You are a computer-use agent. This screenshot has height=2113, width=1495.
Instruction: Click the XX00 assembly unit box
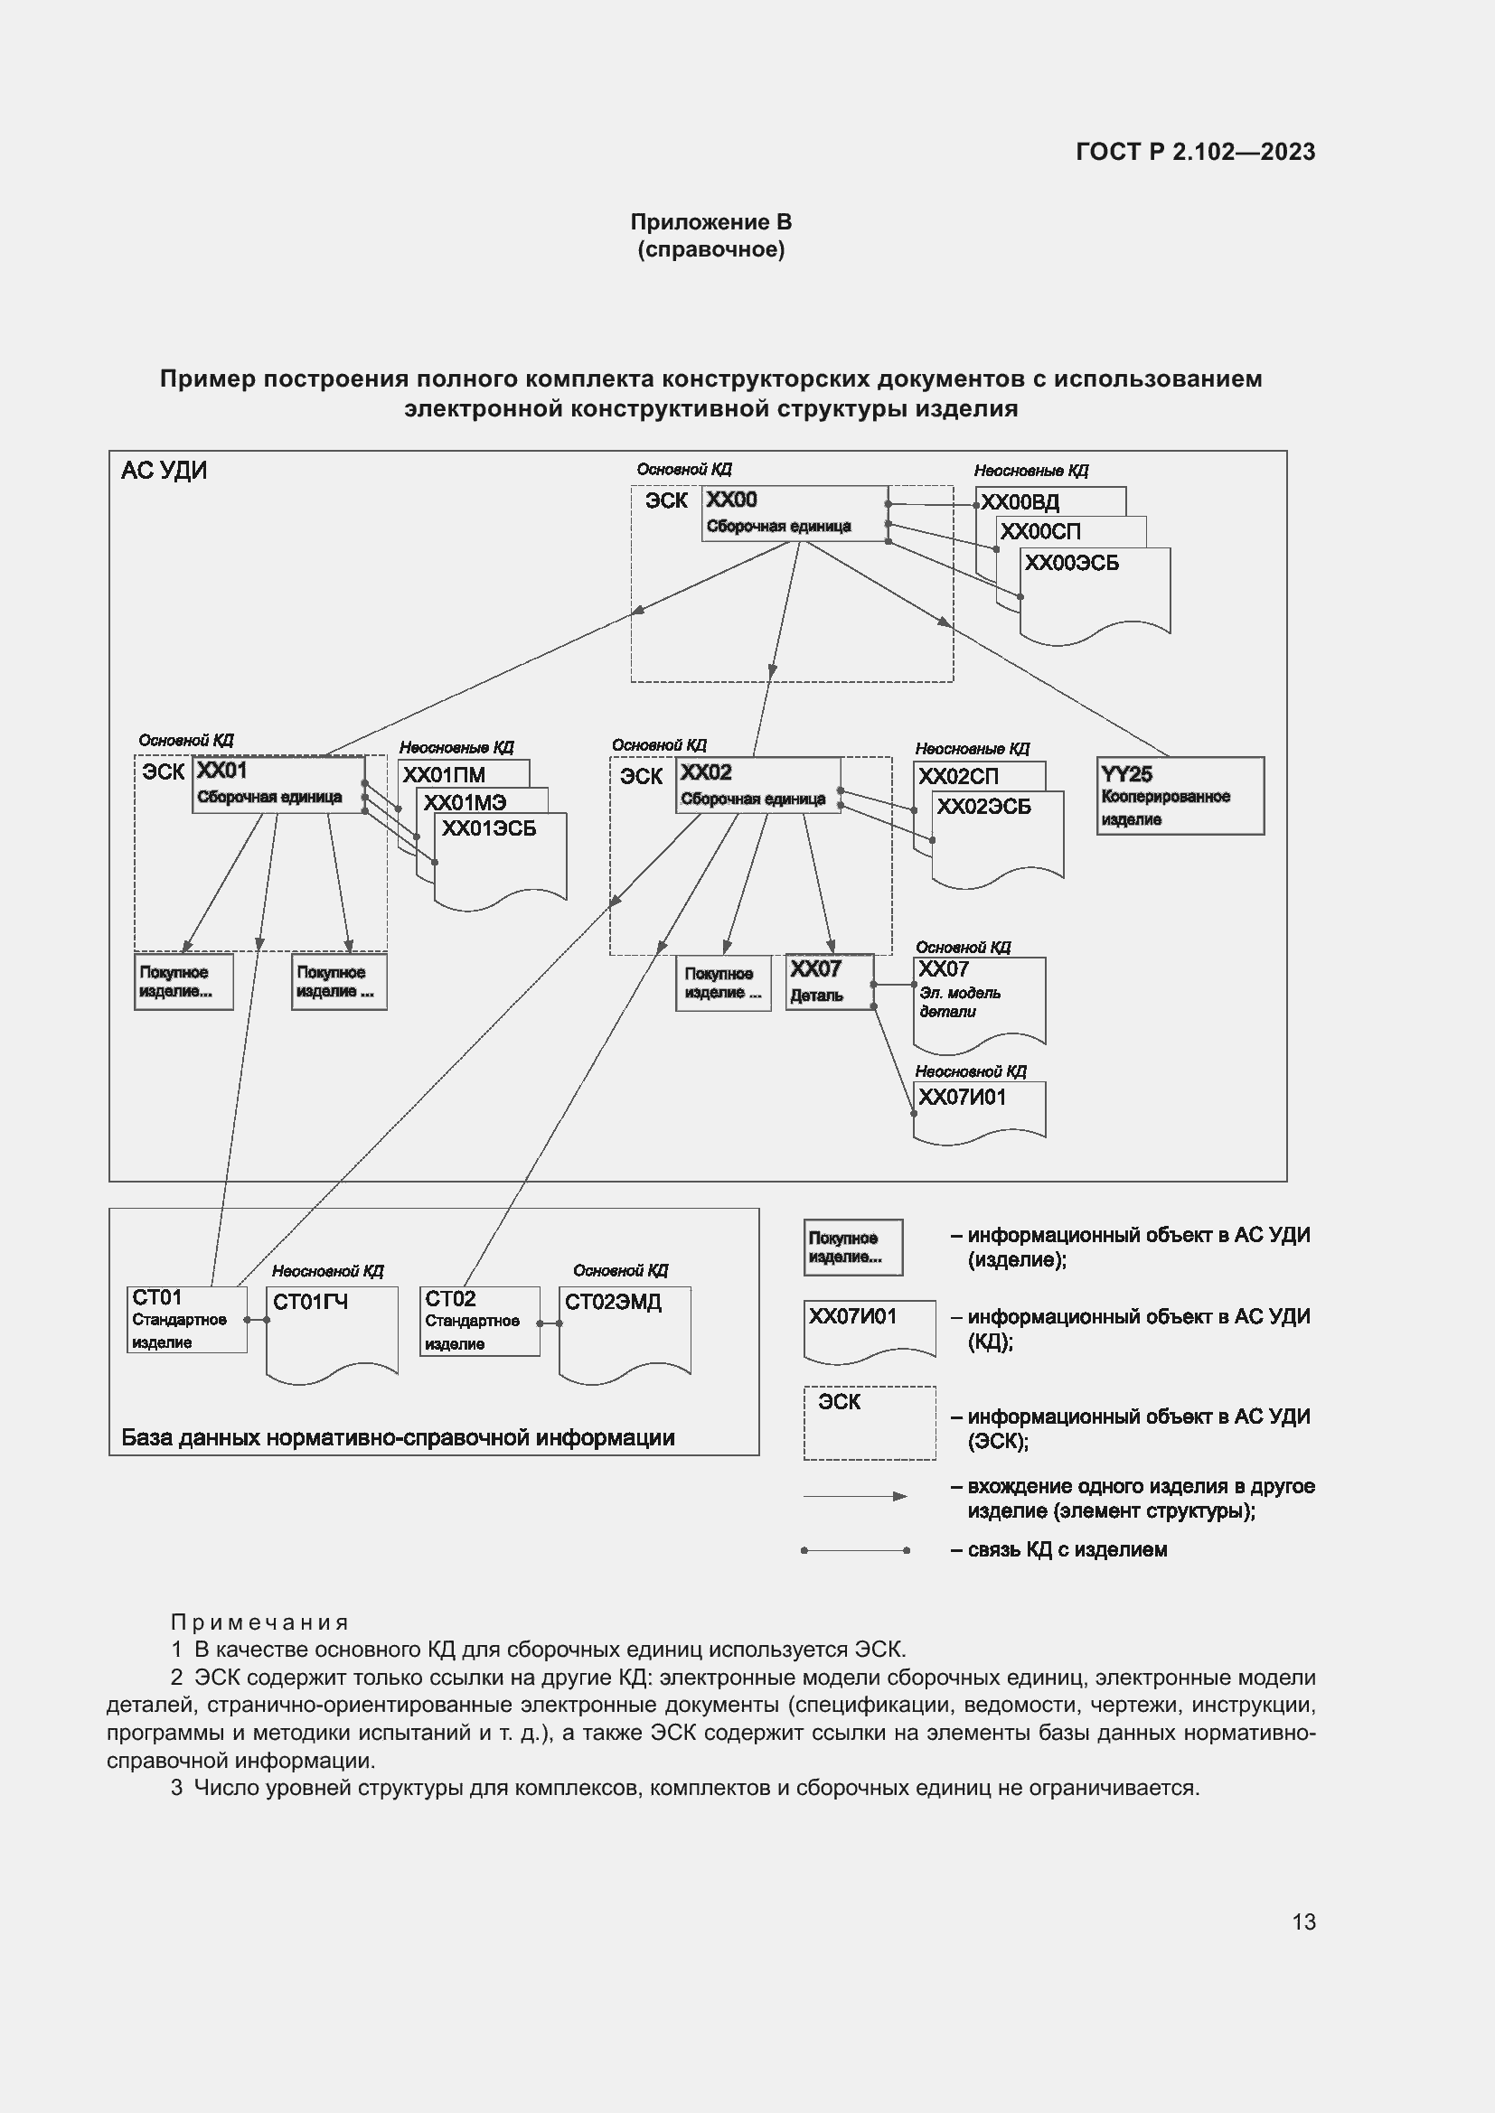tap(794, 512)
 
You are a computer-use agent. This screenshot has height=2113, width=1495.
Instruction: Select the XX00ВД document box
tap(1049, 501)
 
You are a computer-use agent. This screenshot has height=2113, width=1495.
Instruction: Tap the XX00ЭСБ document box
tap(1095, 589)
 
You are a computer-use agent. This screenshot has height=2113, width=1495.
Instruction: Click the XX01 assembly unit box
tap(278, 784)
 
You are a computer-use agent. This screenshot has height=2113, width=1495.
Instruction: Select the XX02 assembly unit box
tap(757, 785)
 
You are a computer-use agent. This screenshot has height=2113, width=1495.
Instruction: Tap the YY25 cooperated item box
tap(1180, 795)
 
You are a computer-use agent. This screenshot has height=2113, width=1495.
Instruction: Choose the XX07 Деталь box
tap(829, 981)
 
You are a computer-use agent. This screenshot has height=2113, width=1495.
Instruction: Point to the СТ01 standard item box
tap(187, 1319)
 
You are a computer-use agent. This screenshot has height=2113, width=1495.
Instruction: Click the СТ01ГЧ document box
tap(332, 1329)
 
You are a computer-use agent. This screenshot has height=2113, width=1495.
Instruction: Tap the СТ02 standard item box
tap(479, 1321)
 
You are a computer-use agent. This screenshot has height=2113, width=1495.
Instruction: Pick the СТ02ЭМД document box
tap(625, 1329)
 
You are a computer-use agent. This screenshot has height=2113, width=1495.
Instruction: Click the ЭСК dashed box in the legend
tap(869, 1422)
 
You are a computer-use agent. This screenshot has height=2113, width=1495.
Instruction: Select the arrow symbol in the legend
tap(855, 1495)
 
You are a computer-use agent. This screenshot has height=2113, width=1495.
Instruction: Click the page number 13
tap(1303, 1921)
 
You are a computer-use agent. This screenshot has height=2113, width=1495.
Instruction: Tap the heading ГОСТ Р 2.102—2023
tap(1195, 152)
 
